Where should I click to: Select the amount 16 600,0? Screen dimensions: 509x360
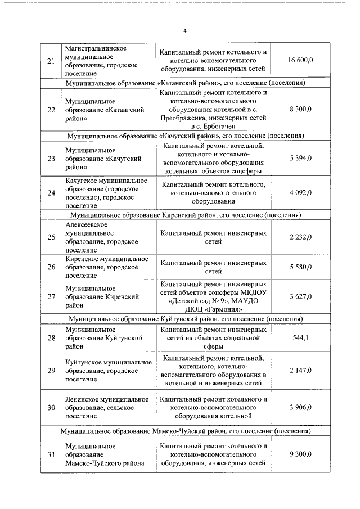click(x=300, y=61)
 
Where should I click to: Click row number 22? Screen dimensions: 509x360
click(x=51, y=110)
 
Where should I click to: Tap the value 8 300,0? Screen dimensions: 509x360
click(x=301, y=110)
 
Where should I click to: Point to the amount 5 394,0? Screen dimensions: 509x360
click(x=301, y=159)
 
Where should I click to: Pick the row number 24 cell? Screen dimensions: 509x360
click(x=51, y=193)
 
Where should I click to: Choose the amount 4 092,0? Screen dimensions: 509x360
click(x=301, y=193)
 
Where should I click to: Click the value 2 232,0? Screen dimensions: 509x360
click(x=301, y=237)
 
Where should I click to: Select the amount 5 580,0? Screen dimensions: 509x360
click(x=301, y=267)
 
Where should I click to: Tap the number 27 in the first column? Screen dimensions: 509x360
click(x=51, y=296)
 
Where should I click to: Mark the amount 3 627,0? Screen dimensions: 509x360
click(x=301, y=296)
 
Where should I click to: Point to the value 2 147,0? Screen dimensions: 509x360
click(x=301, y=371)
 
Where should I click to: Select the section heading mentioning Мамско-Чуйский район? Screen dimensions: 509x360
click(x=185, y=431)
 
